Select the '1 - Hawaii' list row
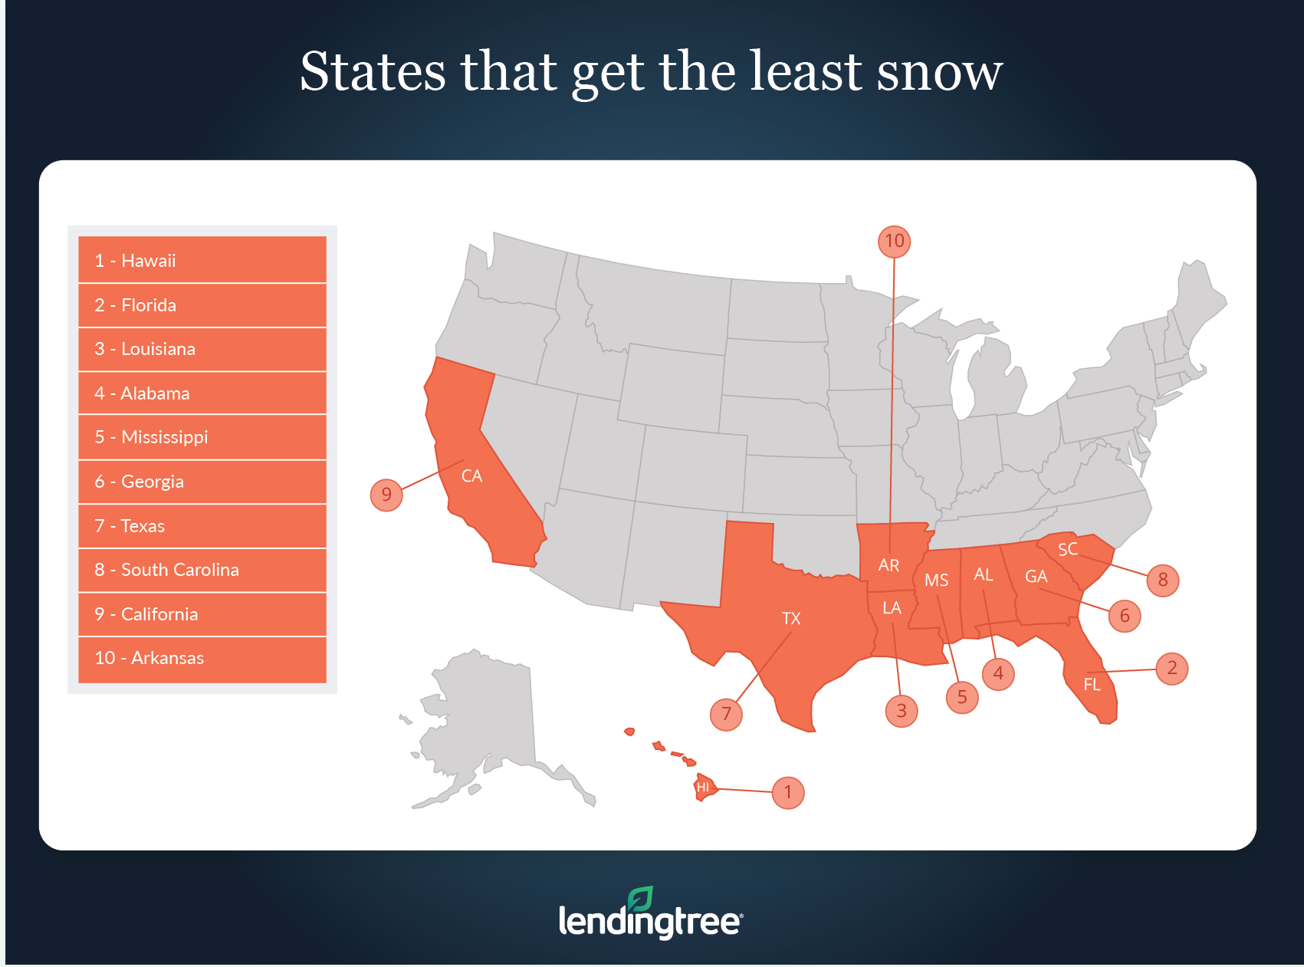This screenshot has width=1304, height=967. pos(202,261)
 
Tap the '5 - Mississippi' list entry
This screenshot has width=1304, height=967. pos(202,437)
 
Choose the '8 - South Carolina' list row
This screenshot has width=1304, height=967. pos(202,570)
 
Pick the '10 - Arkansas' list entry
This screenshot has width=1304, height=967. pos(202,658)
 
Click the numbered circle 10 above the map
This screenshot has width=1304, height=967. pos(894,242)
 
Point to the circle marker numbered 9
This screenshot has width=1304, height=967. pos(386,495)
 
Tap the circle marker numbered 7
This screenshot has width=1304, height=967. pos(726,715)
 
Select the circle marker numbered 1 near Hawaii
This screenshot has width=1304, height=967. pos(788,792)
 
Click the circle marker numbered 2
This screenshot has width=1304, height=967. pos(1171,669)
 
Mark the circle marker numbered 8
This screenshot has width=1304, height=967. pos(1163,580)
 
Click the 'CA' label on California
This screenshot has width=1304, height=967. pos(471,476)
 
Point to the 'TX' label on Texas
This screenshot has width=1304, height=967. pos(791,618)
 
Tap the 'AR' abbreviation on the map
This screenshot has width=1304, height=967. pos(888,565)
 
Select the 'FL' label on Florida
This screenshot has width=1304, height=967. pos(1092,684)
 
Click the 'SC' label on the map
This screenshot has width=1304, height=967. pos(1068,549)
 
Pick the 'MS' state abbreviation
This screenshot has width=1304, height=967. pos(936,580)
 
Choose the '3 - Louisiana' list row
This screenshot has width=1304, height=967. pos(202,349)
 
